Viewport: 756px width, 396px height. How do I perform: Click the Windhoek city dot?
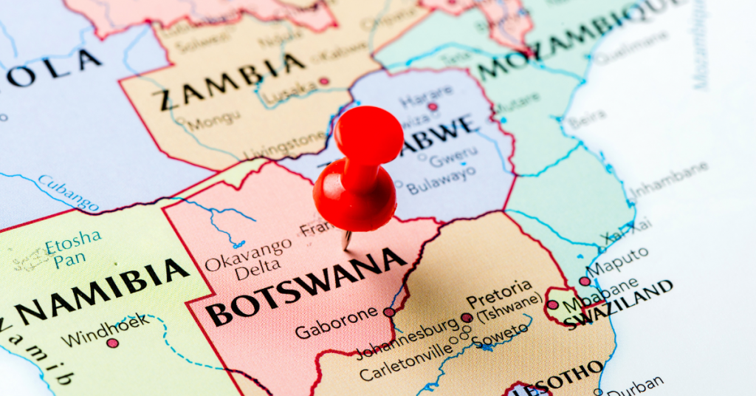pos(112,343)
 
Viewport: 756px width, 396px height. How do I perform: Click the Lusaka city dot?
pos(323,81)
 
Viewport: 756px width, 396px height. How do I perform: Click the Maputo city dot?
pos(585,281)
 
